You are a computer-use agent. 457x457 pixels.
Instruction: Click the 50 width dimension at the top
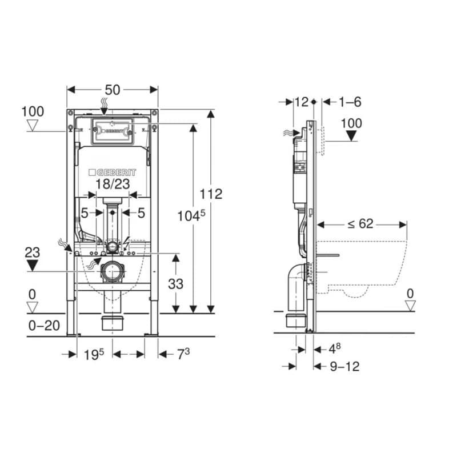coord(113,90)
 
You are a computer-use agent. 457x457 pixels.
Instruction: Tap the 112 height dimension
coord(211,194)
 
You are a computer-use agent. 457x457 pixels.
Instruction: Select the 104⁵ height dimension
coord(191,216)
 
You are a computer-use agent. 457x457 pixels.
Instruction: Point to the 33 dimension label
coord(175,284)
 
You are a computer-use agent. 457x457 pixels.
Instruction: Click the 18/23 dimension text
coord(113,184)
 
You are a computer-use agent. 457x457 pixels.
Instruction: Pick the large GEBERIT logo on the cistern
coord(112,173)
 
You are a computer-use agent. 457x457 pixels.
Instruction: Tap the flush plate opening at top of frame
coord(112,131)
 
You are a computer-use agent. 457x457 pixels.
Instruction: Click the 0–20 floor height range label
coord(45,326)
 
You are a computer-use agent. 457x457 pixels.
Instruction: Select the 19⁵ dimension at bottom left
coord(94,354)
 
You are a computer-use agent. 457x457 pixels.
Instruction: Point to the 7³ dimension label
coord(183,354)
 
